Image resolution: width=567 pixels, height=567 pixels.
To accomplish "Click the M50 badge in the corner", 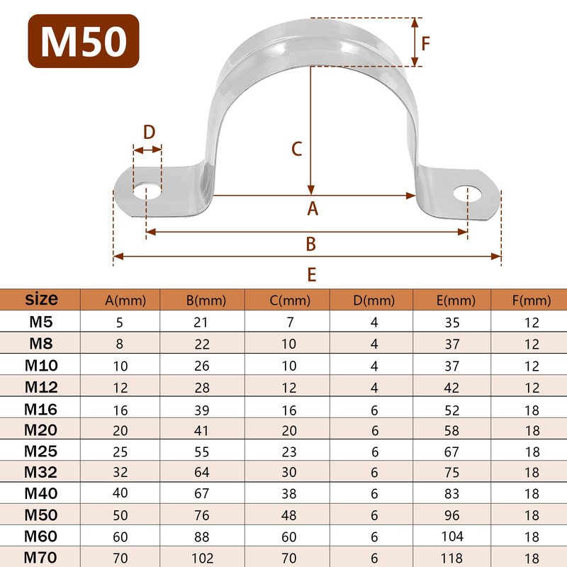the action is click(84, 41).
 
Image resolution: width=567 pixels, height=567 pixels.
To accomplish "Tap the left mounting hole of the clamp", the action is click(147, 191).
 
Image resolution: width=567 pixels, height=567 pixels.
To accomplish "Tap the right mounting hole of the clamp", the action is click(468, 193).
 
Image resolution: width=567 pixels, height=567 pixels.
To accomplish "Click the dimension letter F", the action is click(426, 43).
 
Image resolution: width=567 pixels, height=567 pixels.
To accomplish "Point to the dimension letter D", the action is click(149, 133).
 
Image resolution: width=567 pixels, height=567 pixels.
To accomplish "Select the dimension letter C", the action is click(296, 149).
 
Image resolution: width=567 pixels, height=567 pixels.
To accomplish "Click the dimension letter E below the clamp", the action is click(312, 274).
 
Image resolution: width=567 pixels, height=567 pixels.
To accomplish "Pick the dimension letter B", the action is click(311, 244).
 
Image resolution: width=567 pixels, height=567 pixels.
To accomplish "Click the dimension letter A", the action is click(313, 208).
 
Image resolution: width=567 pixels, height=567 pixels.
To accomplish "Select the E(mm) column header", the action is click(456, 301).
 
